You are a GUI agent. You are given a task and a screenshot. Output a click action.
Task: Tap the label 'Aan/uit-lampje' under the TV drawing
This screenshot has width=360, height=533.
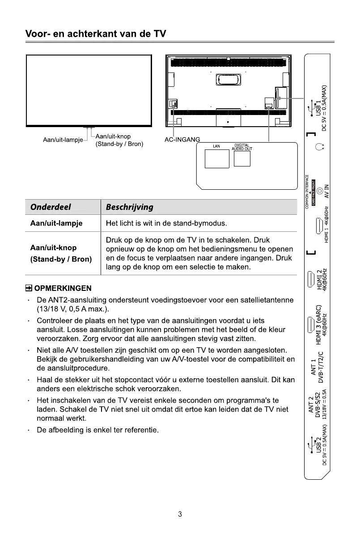(x=63, y=140)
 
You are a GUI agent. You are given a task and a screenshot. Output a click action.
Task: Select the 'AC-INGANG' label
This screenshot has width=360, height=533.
(x=182, y=140)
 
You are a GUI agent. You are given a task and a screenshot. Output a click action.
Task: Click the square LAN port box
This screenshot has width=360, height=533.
(x=217, y=158)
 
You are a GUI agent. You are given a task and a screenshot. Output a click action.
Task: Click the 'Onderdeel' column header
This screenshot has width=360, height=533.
(x=50, y=207)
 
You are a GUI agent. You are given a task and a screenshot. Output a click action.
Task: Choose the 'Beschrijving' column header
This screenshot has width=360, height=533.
(x=129, y=207)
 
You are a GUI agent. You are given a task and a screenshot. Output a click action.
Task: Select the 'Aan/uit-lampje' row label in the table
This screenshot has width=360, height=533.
(x=56, y=223)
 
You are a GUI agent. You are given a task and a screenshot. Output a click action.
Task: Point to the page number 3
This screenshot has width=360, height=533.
(x=180, y=514)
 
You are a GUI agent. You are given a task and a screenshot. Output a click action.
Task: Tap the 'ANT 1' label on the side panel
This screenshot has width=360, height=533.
(x=314, y=367)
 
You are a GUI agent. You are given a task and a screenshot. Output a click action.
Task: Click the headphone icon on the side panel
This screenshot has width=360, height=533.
(x=318, y=147)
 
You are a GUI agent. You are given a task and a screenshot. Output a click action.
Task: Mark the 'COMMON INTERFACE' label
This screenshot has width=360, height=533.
(x=307, y=192)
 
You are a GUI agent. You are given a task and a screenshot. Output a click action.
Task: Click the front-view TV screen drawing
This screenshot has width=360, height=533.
(x=89, y=90)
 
